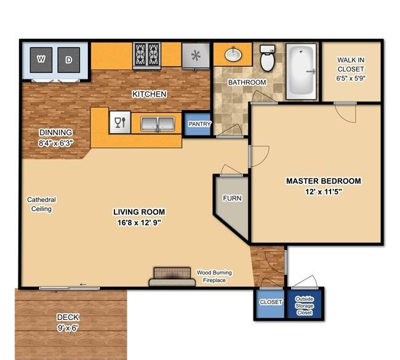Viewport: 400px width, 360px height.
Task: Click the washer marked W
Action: [x=41, y=60]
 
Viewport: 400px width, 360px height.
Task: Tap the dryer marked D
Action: [x=69, y=60]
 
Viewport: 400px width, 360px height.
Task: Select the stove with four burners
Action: [x=146, y=55]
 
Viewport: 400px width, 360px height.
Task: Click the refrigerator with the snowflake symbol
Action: [x=196, y=55]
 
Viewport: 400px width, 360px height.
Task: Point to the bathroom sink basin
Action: [x=233, y=54]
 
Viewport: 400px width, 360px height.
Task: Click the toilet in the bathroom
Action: [x=267, y=58]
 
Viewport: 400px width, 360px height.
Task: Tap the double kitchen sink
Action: [x=158, y=124]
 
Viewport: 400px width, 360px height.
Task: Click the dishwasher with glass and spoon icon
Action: [x=120, y=122]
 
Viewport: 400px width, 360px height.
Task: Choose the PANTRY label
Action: [x=200, y=124]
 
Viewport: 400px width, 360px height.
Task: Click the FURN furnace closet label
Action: [x=232, y=198]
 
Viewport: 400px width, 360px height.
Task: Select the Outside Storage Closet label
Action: [x=305, y=306]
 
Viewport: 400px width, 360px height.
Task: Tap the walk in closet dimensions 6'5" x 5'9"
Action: [x=351, y=78]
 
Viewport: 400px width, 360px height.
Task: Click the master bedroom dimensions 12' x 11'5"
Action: [x=324, y=191]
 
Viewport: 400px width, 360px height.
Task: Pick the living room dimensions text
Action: [x=139, y=223]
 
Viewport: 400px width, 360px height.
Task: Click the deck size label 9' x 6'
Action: [x=68, y=327]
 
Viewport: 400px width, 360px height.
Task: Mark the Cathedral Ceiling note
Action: [x=41, y=204]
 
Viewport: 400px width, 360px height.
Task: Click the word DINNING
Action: [x=55, y=133]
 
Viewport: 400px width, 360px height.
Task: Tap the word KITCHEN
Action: [x=150, y=94]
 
